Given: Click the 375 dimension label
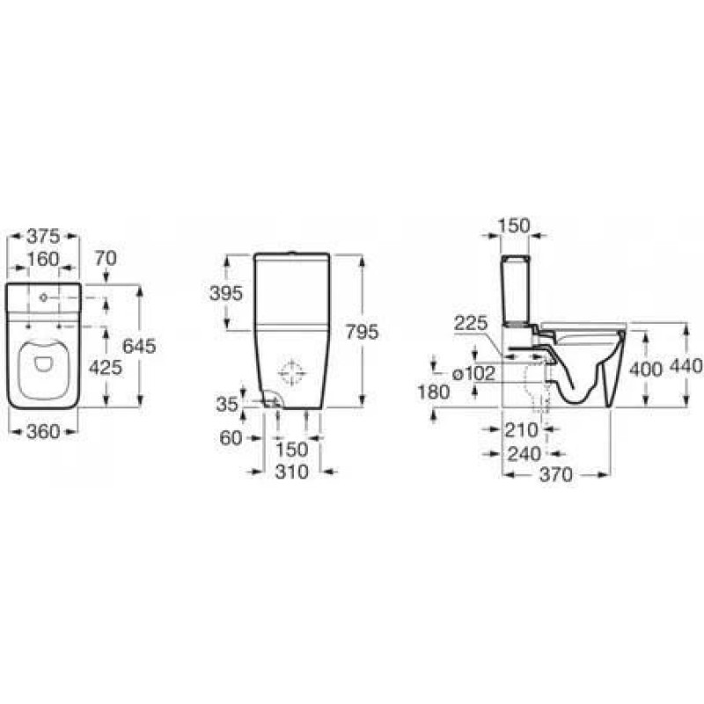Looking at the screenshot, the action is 43,236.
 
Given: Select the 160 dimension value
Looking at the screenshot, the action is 43,259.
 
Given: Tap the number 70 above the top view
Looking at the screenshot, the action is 106,258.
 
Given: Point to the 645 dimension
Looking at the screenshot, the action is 139,346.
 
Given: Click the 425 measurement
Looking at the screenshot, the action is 106,368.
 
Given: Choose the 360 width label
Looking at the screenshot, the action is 43,431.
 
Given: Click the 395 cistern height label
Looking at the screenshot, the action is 226,293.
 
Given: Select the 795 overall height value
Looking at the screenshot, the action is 362,332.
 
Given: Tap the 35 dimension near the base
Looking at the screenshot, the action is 227,405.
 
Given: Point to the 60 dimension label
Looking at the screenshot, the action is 231,437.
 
